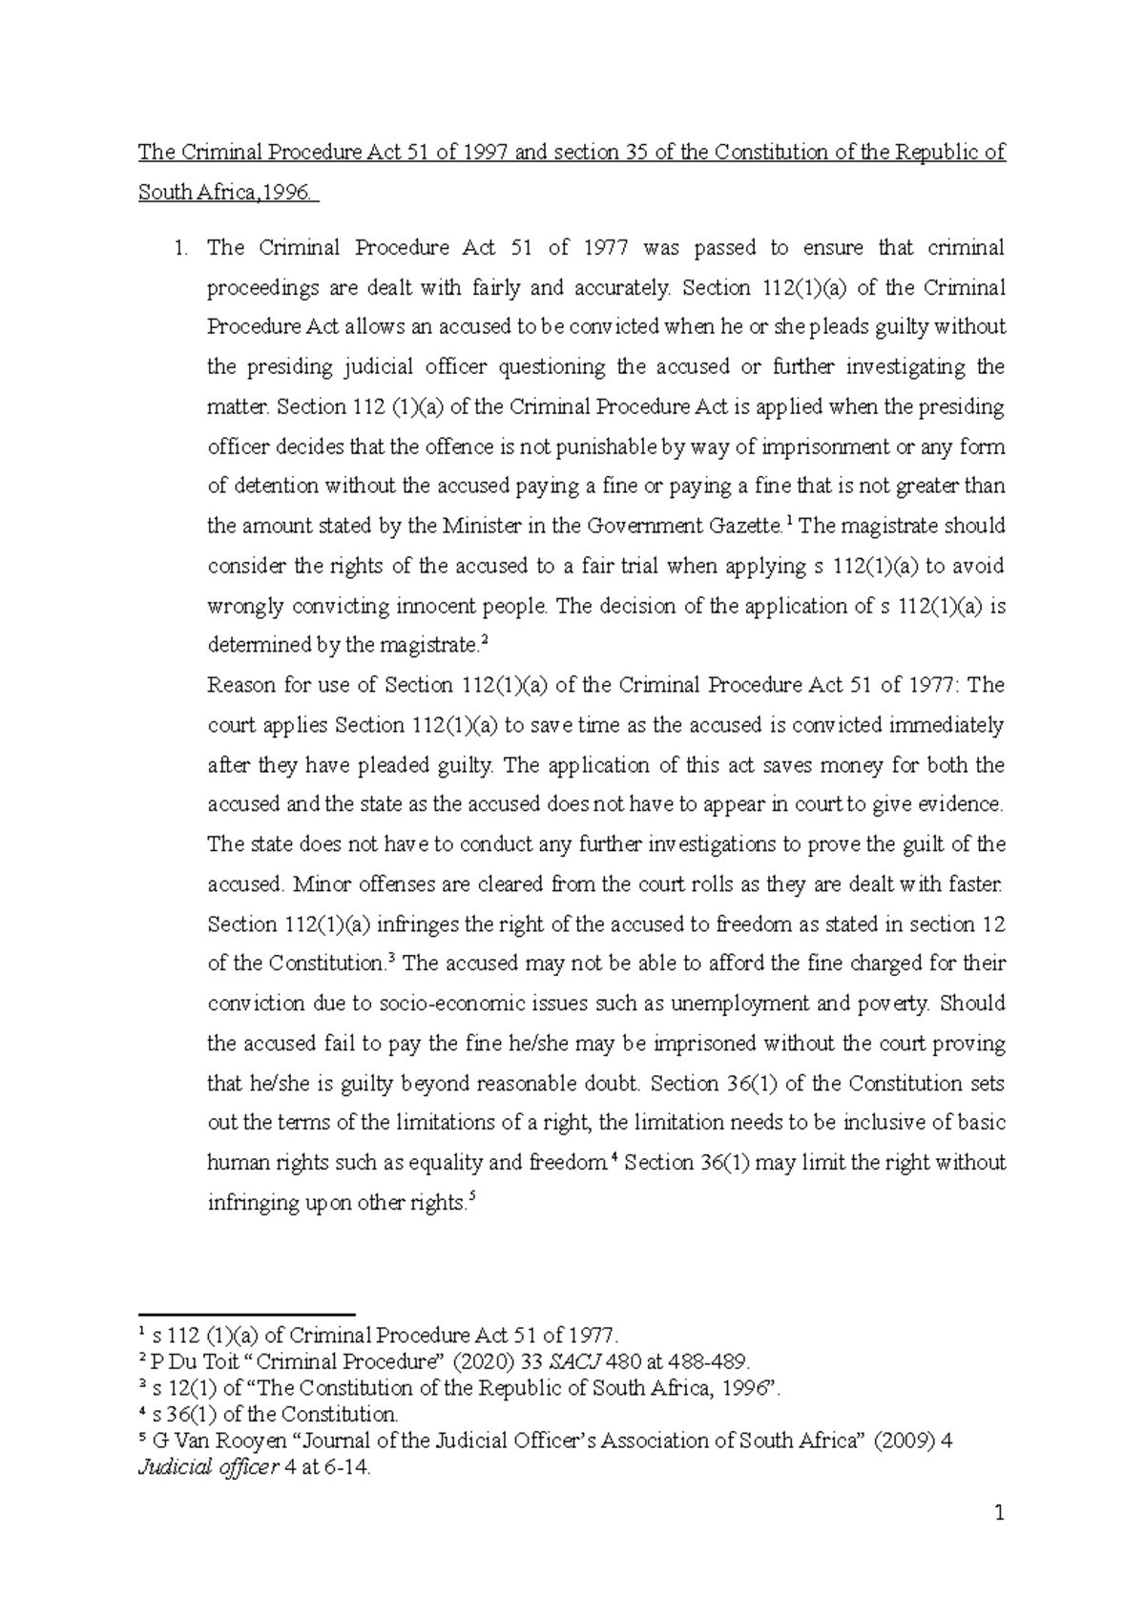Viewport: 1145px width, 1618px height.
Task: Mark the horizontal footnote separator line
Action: (246, 1314)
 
